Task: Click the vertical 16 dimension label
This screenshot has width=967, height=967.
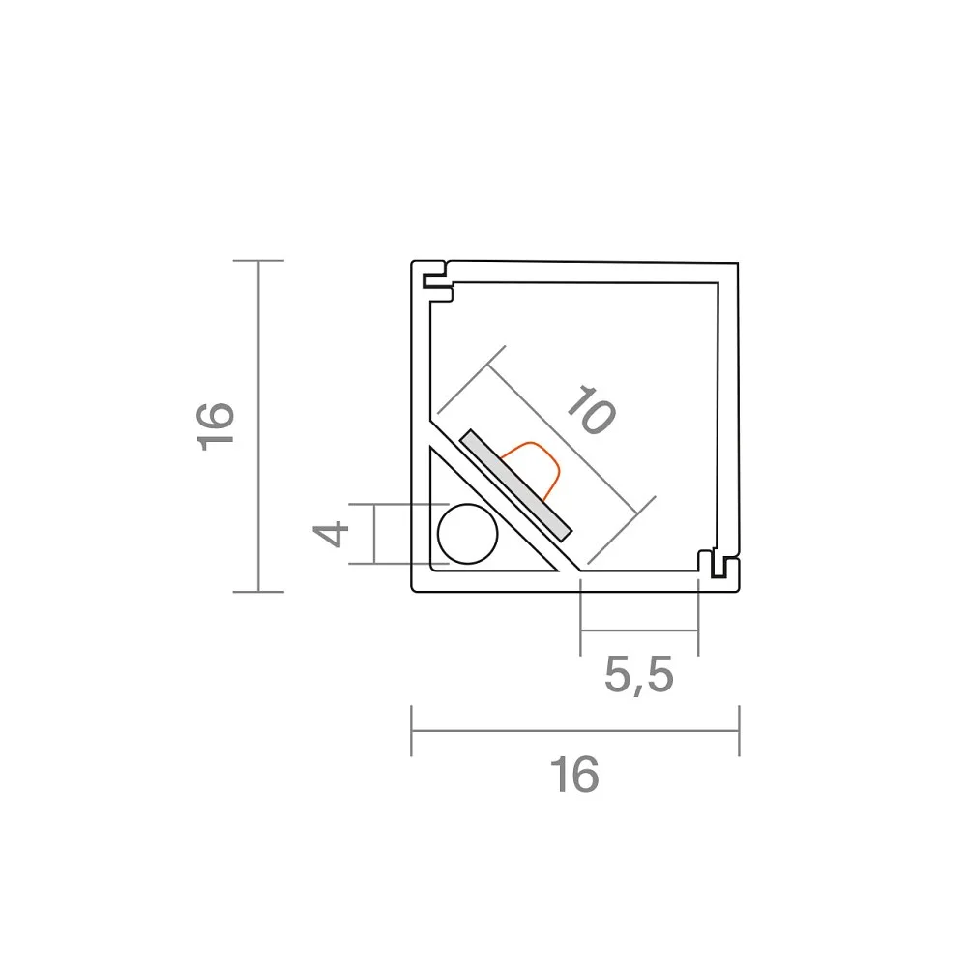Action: (x=216, y=426)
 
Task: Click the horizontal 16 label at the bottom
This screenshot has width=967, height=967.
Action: (x=574, y=774)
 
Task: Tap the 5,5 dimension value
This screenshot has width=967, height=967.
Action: (x=639, y=675)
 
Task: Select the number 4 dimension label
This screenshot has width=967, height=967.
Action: (x=331, y=534)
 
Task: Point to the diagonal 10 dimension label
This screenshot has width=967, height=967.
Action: (x=591, y=409)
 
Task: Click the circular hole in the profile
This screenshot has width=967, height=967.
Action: (x=467, y=534)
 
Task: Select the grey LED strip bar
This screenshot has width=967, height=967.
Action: (x=516, y=485)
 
